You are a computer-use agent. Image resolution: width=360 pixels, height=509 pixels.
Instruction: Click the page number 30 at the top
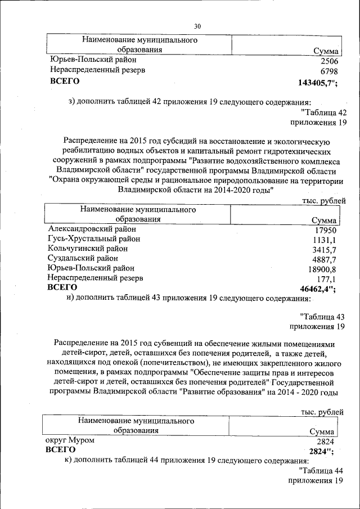pos(197,26)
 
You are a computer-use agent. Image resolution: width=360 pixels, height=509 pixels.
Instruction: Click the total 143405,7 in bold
pos(316,83)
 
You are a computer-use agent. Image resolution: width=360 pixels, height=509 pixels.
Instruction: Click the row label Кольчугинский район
pos(88,249)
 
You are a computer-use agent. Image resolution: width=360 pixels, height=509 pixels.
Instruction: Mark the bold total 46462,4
pos(317,289)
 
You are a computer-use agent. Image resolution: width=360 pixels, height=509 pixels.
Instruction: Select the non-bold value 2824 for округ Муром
pos(325,442)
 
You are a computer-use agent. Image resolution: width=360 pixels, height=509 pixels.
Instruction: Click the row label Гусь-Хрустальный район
pos(94,239)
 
